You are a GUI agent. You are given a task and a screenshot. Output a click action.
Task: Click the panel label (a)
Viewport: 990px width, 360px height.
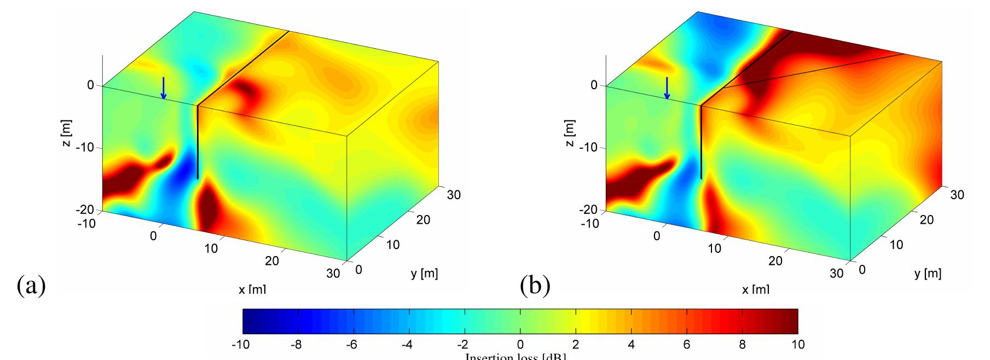coord(31,285)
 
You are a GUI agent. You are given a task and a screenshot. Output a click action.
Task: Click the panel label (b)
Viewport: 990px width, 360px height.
coord(535,285)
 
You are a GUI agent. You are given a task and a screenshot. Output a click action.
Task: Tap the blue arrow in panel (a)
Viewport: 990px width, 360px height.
coord(163,88)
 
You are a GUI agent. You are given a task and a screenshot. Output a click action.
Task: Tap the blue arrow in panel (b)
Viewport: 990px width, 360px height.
coord(667,88)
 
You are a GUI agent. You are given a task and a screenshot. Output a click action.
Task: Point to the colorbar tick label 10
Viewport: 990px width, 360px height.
coord(797,345)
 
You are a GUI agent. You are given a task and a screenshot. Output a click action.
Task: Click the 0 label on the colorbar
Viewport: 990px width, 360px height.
coord(520,345)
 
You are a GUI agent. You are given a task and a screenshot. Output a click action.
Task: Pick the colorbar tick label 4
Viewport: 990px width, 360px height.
coord(631,345)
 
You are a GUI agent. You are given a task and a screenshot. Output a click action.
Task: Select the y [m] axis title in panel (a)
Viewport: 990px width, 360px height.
coord(424,274)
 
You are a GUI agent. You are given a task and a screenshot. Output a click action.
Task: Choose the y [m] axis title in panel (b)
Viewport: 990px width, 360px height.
coord(928,274)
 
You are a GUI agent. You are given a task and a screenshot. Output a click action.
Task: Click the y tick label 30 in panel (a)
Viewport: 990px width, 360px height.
coord(453,195)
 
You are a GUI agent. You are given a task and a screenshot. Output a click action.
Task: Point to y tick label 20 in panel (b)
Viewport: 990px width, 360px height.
coord(926,220)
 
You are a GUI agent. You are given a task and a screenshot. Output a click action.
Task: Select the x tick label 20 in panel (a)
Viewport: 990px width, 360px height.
coord(271,261)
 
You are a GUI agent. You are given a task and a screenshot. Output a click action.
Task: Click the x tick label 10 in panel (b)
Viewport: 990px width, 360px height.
coord(714,248)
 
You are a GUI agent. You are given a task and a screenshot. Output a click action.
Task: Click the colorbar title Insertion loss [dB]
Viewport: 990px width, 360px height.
coord(516,357)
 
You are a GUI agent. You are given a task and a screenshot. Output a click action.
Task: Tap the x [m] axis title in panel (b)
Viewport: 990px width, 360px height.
coord(755,290)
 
